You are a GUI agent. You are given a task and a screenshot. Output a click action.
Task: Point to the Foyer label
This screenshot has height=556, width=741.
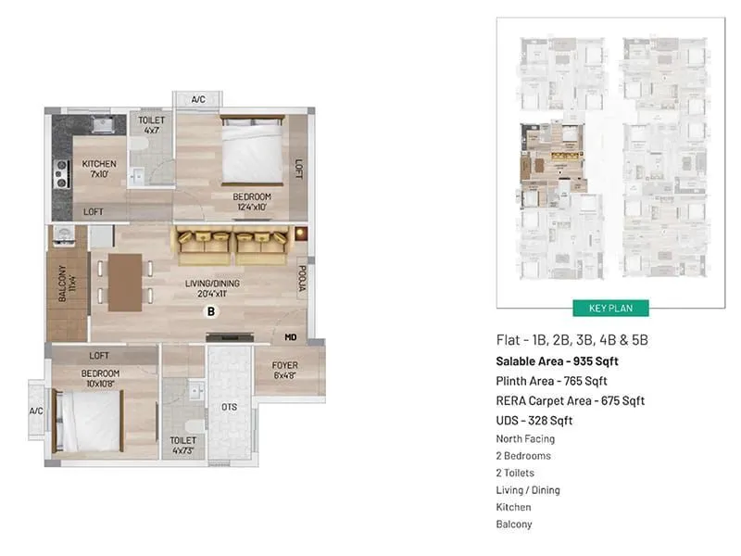click(x=284, y=371)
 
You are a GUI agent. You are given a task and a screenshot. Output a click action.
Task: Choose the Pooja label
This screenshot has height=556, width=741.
click(x=302, y=281)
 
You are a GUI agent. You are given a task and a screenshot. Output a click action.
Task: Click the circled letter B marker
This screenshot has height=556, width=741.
click(x=210, y=312)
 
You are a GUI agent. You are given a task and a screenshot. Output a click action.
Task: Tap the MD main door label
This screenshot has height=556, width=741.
click(x=291, y=337)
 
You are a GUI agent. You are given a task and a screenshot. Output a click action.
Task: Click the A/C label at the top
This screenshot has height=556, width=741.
click(x=198, y=99)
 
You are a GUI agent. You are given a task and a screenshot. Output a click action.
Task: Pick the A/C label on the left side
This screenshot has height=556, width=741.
click(x=36, y=411)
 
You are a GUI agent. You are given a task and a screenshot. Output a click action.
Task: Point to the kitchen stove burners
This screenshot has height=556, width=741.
click(x=62, y=171)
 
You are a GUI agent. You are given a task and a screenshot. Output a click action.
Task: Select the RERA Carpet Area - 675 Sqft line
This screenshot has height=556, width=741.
click(x=570, y=400)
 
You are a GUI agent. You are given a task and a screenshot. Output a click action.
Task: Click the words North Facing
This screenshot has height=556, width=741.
click(x=525, y=438)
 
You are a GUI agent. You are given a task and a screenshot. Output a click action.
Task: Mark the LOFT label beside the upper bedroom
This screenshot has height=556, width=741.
click(x=299, y=169)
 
